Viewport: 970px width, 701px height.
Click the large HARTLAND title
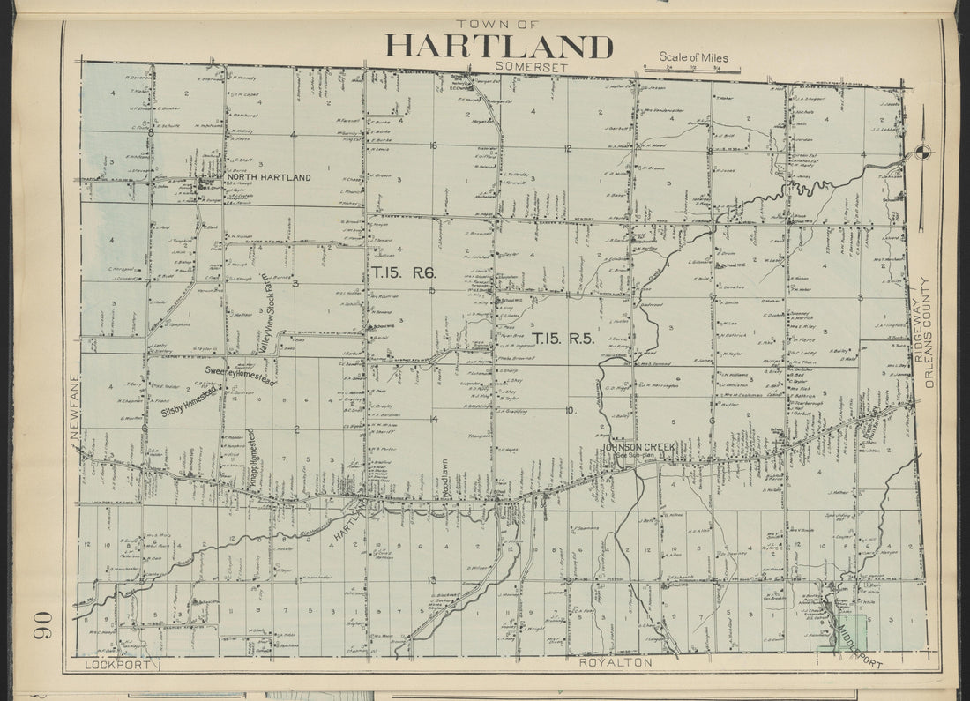(x=498, y=46)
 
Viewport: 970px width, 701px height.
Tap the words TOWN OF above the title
(x=497, y=24)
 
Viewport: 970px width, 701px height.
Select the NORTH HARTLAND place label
(x=268, y=177)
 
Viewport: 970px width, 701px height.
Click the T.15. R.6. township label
(x=403, y=272)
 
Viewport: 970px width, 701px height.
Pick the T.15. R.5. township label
(x=563, y=337)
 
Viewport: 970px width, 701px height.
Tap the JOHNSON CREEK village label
(x=638, y=448)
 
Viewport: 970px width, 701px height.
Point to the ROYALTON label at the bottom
(x=616, y=661)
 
